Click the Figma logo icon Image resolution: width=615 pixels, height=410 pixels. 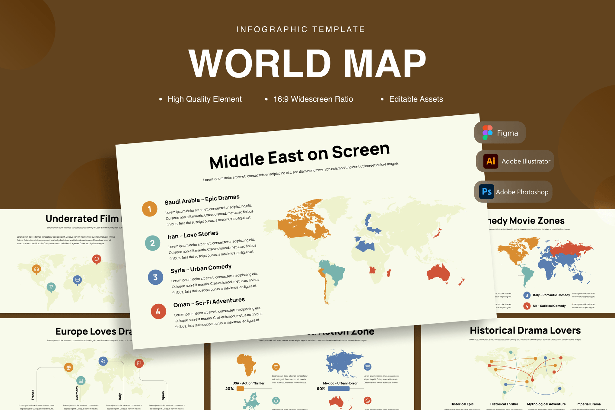point(487,133)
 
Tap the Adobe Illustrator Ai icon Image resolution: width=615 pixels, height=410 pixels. point(490,161)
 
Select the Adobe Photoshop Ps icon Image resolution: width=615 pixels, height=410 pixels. point(486,192)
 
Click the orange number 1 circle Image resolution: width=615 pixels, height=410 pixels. point(150,209)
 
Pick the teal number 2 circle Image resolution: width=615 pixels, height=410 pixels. point(153,243)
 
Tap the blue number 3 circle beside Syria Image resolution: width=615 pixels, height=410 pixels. point(155,277)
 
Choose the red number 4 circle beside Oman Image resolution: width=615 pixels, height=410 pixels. point(158,311)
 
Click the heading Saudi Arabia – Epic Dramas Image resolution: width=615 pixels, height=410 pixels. point(202,200)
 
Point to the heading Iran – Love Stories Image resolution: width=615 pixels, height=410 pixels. point(193,235)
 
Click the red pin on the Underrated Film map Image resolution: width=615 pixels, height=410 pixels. point(97,259)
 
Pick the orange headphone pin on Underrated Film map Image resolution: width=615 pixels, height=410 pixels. point(37,269)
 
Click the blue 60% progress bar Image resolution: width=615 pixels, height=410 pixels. point(339,389)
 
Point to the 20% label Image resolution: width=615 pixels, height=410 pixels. point(229,389)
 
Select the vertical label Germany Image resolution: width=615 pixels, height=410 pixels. point(77,393)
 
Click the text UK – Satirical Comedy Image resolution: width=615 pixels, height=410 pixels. point(549,306)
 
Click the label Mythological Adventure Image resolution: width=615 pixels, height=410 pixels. point(546,404)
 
